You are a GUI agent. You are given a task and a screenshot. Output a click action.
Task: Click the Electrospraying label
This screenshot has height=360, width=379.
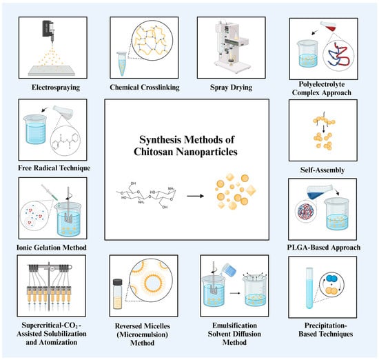click(56, 87)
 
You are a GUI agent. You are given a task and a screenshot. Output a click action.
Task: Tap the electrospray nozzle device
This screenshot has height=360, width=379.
click(49, 31)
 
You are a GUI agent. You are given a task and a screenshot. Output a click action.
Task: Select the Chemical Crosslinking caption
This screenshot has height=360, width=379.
click(145, 87)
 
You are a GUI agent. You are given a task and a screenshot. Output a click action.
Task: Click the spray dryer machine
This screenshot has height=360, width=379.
click(232, 46)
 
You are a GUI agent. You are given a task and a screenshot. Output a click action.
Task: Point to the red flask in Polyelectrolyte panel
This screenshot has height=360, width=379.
click(328, 26)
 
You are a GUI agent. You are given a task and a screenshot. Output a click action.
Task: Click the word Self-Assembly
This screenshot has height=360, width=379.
click(322, 170)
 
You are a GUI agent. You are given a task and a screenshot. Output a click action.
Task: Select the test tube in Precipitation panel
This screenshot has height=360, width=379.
click(309, 288)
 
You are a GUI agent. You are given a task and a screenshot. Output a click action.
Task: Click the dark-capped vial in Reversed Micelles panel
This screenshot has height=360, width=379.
click(117, 294)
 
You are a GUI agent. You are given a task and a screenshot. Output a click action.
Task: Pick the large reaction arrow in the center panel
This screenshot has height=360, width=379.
click(195, 196)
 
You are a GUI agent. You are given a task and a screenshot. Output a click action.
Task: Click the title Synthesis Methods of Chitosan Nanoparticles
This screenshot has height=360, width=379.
click(186, 146)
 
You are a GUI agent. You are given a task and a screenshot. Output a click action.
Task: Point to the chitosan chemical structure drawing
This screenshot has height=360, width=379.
click(147, 195)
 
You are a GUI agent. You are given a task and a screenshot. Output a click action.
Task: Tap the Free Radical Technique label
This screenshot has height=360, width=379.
click(54, 168)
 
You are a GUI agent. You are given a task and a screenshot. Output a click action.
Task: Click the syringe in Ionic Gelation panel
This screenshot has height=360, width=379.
click(50, 192)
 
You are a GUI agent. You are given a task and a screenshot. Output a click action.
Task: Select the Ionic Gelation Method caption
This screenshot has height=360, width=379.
click(52, 248)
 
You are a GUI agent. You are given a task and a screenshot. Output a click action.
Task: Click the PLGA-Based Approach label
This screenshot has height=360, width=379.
click(324, 248)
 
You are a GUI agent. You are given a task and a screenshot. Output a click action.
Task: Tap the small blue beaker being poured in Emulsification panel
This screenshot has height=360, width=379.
click(229, 270)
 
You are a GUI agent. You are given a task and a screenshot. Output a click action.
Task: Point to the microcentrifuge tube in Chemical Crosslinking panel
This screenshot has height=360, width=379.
click(121, 64)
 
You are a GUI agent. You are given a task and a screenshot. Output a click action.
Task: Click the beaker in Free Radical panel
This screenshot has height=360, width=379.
click(35, 130)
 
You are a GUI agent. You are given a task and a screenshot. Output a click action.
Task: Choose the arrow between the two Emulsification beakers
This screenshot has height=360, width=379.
click(235, 293)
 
